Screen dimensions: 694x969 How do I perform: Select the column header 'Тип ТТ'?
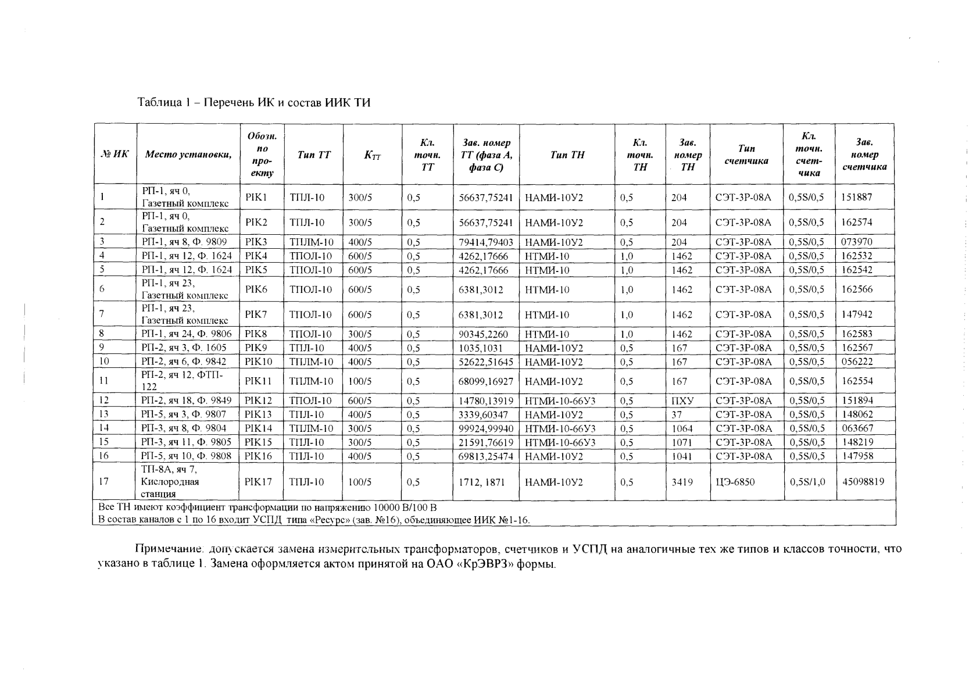pyautogui.click(x=314, y=155)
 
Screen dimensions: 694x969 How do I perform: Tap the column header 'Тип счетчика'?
pyautogui.click(x=746, y=155)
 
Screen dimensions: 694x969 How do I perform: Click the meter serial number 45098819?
pyautogui.click(x=863, y=481)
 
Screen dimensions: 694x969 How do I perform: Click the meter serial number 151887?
pyautogui.click(x=857, y=197)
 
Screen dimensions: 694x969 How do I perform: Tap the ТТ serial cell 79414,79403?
pyautogui.click(x=485, y=242)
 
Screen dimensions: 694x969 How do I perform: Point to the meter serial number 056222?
pyautogui.click(x=857, y=362)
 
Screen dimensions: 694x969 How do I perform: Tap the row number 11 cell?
pyautogui.click(x=105, y=381)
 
